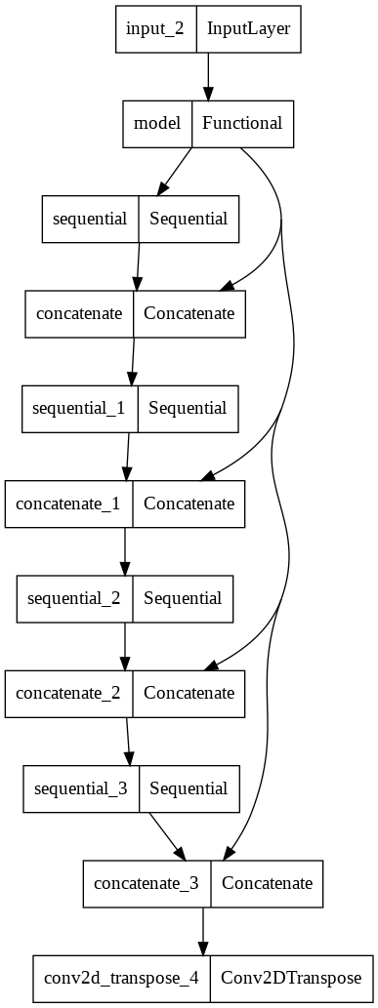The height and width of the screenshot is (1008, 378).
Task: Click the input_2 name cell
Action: click(155, 28)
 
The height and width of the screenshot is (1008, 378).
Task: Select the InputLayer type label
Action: click(248, 28)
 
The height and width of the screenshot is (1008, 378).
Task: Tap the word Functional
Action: click(242, 124)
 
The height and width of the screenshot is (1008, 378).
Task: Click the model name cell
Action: click(157, 124)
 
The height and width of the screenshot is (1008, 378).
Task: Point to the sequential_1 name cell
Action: click(80, 408)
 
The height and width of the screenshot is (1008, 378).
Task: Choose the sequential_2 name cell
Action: click(74, 598)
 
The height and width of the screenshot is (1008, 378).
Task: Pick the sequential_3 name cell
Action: click(82, 787)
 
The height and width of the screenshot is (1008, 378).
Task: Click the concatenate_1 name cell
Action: click(69, 504)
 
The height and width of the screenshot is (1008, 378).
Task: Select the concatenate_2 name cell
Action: click(69, 693)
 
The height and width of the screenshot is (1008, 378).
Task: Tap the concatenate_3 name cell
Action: click(147, 883)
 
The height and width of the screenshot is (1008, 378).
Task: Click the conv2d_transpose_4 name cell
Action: click(121, 978)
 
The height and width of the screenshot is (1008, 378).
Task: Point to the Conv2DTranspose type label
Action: click(291, 978)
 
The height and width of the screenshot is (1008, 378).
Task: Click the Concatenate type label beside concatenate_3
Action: click(267, 883)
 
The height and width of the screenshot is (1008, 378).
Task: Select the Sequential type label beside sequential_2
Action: click(183, 598)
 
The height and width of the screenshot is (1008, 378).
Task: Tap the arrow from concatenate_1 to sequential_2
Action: click(124, 550)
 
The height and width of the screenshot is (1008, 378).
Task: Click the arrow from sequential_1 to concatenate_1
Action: click(127, 456)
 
